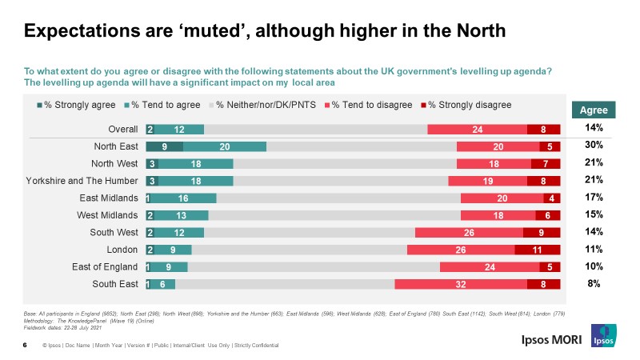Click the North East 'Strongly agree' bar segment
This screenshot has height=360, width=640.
164,146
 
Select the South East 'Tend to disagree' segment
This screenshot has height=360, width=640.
461,284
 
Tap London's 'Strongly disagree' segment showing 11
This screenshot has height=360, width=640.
537,250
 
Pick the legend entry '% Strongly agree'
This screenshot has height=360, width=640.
77,105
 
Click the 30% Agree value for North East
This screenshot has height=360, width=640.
594,145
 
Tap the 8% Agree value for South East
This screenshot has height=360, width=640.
594,283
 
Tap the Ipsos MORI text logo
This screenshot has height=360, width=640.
546,338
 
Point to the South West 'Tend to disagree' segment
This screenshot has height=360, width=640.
469,232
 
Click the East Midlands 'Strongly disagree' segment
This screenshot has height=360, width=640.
551,198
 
